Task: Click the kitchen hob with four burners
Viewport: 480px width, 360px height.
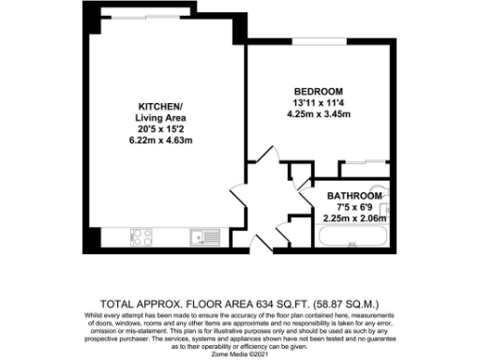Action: pos(142,238)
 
